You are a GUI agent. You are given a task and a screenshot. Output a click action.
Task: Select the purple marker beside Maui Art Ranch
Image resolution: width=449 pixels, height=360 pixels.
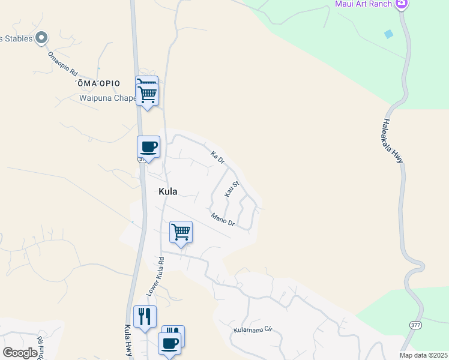(x=402, y=4)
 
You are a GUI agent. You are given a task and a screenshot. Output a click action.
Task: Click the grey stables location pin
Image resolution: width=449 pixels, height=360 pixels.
(x=41, y=38)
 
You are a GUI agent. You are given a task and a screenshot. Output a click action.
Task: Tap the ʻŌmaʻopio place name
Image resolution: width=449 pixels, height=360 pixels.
(x=98, y=83)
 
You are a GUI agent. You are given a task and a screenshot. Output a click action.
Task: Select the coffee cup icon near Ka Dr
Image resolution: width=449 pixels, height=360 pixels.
(x=148, y=147)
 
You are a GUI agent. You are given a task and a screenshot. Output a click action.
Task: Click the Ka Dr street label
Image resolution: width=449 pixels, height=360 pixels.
(x=217, y=158)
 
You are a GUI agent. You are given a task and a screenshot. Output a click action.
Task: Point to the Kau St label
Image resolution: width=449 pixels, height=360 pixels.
(x=232, y=189)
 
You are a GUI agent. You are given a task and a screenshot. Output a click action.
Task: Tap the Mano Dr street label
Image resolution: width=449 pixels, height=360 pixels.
(x=222, y=220)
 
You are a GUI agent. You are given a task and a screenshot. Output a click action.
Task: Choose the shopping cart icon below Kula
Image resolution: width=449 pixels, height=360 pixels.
(x=181, y=232)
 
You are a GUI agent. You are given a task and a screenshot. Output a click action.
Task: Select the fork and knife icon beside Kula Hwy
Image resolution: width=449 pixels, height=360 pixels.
(x=145, y=316)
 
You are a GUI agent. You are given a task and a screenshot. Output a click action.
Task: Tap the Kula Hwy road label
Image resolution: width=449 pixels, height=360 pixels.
(x=128, y=341)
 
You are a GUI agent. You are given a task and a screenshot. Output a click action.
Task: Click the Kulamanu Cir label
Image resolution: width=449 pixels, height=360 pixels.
(x=253, y=330)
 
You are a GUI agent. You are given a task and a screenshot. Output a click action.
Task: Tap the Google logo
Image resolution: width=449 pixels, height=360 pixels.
(x=20, y=353)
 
